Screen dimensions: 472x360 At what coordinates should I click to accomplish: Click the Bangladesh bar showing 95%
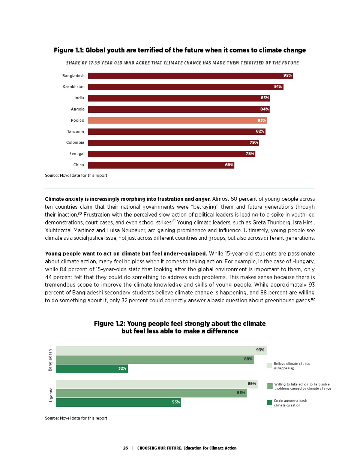[x=190, y=76]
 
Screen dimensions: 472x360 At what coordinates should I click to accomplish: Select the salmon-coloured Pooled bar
[x=177, y=120]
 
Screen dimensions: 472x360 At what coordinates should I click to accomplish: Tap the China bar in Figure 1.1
[x=161, y=165]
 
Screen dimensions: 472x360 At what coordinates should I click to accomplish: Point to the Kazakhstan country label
[x=73, y=87]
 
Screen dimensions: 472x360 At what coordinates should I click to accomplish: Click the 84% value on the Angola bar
[x=264, y=109]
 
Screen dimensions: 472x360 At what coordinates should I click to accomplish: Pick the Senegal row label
[x=77, y=154]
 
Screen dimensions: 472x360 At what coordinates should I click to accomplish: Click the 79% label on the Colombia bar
[x=254, y=143]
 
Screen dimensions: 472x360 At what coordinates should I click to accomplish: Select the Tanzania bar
[x=176, y=131]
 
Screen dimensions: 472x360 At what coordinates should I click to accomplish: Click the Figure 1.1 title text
[x=180, y=50]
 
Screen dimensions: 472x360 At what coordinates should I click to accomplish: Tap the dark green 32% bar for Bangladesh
[x=91, y=369]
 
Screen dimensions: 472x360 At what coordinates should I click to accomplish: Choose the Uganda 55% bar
[x=118, y=402]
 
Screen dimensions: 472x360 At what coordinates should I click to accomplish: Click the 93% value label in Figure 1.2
[x=260, y=350]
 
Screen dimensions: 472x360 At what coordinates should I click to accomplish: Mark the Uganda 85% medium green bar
[x=151, y=393]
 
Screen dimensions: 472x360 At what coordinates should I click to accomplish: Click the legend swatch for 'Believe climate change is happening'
[x=269, y=366]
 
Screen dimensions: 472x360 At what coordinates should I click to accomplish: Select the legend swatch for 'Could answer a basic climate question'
[x=269, y=403]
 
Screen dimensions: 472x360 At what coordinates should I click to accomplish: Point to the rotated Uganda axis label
[x=51, y=395]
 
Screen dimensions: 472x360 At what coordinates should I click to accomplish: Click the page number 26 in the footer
[x=126, y=448]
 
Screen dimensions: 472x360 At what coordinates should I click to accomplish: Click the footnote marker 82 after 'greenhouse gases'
[x=313, y=299]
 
